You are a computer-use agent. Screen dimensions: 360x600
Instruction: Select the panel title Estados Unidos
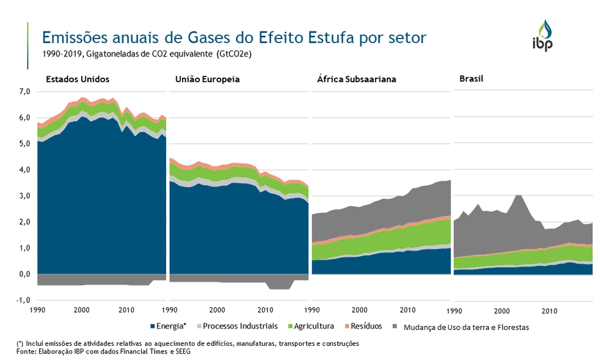78,79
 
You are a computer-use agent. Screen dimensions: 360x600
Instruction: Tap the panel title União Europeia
207,79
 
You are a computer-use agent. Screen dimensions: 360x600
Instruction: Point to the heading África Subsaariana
356,80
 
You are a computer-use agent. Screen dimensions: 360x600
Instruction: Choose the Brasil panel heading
471,79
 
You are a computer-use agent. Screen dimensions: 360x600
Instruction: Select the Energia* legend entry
169,326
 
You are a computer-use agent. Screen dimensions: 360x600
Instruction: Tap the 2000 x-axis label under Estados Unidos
81,310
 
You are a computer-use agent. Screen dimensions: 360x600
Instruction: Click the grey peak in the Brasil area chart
518,197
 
